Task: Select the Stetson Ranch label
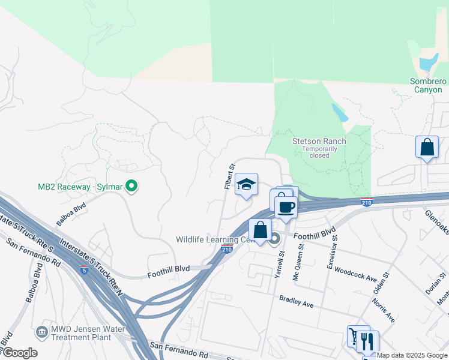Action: [x=319, y=142]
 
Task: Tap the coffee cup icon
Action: [x=286, y=207]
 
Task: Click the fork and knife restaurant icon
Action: [x=367, y=342]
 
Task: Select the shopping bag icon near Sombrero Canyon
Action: [x=427, y=147]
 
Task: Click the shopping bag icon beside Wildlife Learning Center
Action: [x=260, y=230]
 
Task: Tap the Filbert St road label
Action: [x=229, y=176]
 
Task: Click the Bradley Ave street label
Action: [x=296, y=301]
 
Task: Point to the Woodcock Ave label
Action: [x=355, y=275]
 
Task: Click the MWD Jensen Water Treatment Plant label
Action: [x=88, y=332]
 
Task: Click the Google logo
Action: [x=20, y=353]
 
